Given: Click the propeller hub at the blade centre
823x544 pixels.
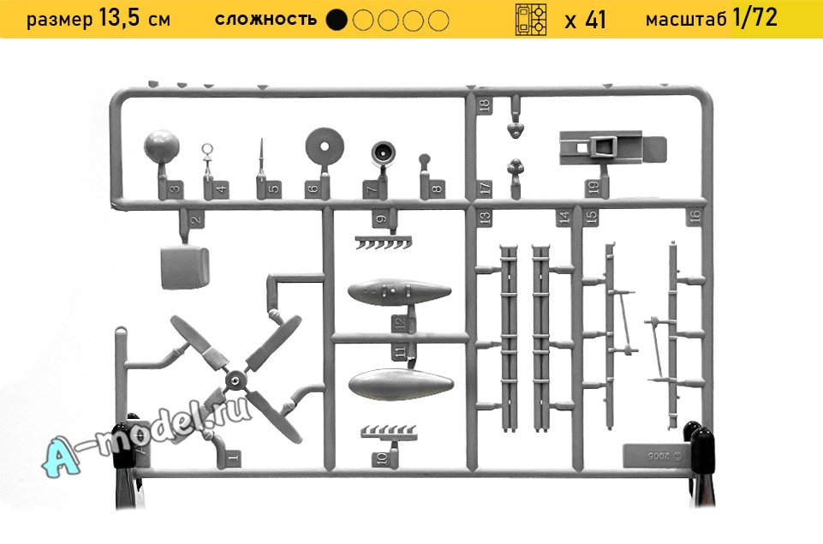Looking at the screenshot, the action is point(236,380).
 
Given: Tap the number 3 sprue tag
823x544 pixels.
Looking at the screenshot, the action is point(176,188).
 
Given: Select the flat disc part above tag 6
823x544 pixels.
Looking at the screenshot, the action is point(325,146).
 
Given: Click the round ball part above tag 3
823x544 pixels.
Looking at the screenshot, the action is point(162,146).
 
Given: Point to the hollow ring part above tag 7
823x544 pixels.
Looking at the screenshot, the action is point(384,152).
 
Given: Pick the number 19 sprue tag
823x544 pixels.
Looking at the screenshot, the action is point(594,188).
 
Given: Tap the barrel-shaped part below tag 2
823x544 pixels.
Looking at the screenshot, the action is point(184,266).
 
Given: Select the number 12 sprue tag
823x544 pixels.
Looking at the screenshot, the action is point(400,322).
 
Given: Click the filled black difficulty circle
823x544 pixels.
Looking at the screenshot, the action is point(337,20).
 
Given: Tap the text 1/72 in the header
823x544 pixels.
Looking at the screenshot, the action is point(754,17).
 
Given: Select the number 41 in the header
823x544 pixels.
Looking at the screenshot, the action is point(595,20).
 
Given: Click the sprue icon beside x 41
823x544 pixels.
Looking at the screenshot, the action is point(531,20).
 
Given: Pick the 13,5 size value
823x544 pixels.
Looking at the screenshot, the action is point(119,18).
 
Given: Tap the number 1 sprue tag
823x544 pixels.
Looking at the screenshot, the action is point(234,457).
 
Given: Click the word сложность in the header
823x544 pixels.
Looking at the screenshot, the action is point(265,20).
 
